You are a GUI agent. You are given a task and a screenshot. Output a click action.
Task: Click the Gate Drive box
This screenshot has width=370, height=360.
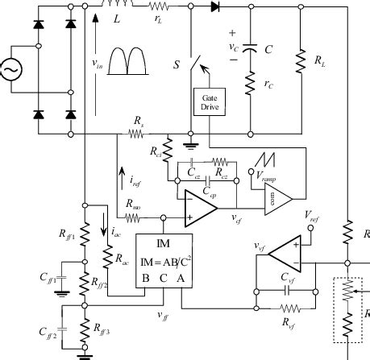tap(208, 103)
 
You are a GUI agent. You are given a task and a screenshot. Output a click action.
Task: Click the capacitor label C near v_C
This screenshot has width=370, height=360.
tap(268, 49)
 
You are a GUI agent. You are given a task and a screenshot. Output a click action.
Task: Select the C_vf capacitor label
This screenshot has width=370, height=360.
tap(289, 278)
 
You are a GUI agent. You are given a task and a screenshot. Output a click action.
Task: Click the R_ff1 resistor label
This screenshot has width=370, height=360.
tap(67, 236)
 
